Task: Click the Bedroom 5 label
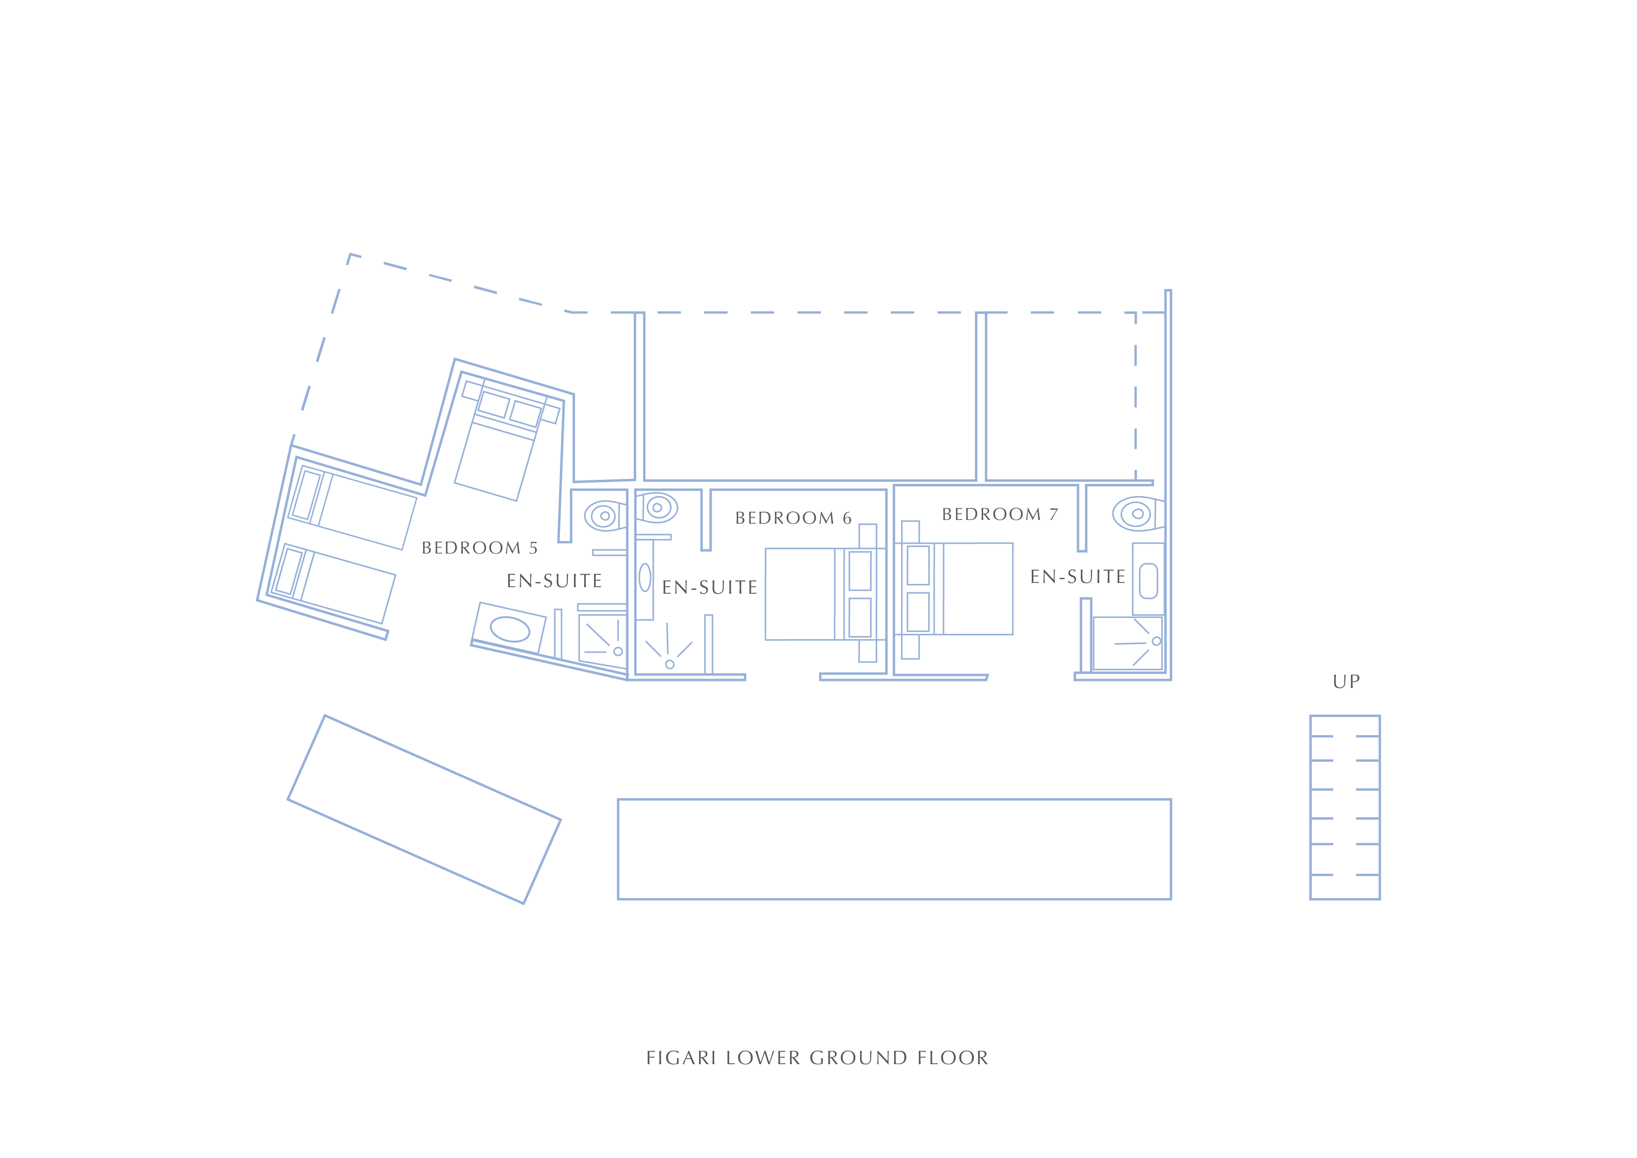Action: click(479, 547)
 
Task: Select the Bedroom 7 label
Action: click(1000, 514)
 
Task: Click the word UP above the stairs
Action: click(1346, 681)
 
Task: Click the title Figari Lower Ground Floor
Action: click(817, 1058)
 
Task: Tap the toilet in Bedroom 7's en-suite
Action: click(1138, 513)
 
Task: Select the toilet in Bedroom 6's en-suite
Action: click(657, 508)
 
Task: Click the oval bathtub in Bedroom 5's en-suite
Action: click(510, 630)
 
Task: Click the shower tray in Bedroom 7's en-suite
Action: click(1127, 643)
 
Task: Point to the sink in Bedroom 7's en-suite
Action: click(1148, 581)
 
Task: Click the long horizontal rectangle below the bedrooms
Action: click(894, 849)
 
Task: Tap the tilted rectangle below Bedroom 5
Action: click(424, 809)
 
